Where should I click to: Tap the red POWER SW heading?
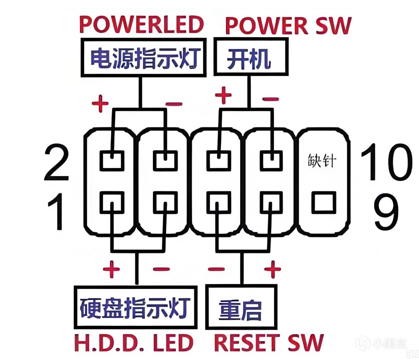click(288, 26)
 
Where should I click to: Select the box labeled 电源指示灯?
click(143, 58)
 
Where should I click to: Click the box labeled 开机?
click(251, 58)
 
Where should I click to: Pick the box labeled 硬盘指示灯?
click(136, 307)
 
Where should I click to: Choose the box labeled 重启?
click(241, 307)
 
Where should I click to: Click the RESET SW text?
click(268, 343)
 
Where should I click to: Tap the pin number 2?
click(56, 163)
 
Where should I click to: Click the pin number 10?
click(386, 163)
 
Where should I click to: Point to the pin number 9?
click(386, 211)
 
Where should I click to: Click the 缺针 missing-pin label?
click(322, 161)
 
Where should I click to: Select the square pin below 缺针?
click(323, 202)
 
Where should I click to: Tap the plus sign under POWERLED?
click(100, 104)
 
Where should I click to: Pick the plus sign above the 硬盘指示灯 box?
click(112, 269)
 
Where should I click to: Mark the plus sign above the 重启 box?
click(272, 269)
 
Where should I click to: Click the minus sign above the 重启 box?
click(216, 269)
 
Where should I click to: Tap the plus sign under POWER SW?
click(223, 95)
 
